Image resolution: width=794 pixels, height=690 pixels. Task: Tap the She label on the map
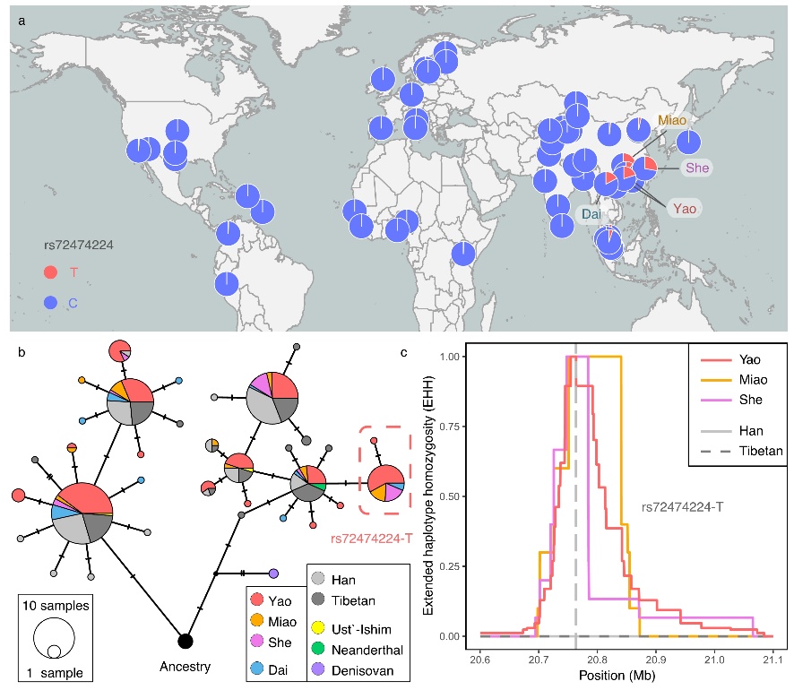[x=697, y=168]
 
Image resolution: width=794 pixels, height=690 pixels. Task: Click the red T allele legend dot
[x=52, y=272]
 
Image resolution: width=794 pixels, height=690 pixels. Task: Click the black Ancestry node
[x=185, y=641]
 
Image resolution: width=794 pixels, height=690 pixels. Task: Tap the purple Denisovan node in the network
[x=273, y=573]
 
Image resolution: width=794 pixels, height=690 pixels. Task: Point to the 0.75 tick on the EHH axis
[x=453, y=426]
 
